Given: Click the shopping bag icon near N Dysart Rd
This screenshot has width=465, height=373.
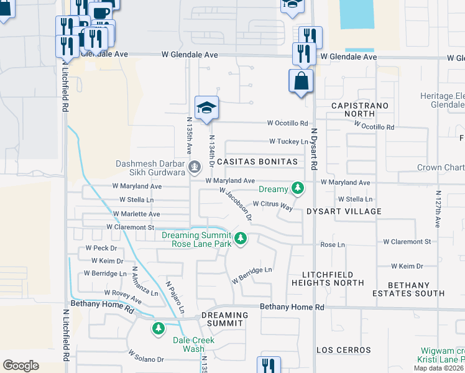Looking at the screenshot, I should (x=301, y=81).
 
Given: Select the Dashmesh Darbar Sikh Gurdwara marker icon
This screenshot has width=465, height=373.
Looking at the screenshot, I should (x=195, y=166).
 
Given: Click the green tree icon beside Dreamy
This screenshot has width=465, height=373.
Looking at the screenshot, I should (x=298, y=188).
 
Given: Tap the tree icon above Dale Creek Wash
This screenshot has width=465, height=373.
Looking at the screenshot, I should (x=159, y=328).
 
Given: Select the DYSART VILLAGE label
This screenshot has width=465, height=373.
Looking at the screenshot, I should (x=344, y=211).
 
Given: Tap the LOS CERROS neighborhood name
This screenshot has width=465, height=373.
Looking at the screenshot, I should (x=344, y=350).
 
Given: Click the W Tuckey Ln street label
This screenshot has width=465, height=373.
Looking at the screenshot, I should (x=288, y=141).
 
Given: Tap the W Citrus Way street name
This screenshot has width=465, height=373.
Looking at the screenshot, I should (x=272, y=205).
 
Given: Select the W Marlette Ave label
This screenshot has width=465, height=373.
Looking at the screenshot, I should (x=136, y=213).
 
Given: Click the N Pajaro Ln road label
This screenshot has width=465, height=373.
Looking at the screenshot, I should (x=175, y=297).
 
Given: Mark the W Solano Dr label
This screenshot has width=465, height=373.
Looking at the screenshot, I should (x=146, y=356).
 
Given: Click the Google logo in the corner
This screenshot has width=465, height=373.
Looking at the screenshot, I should (x=21, y=365).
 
